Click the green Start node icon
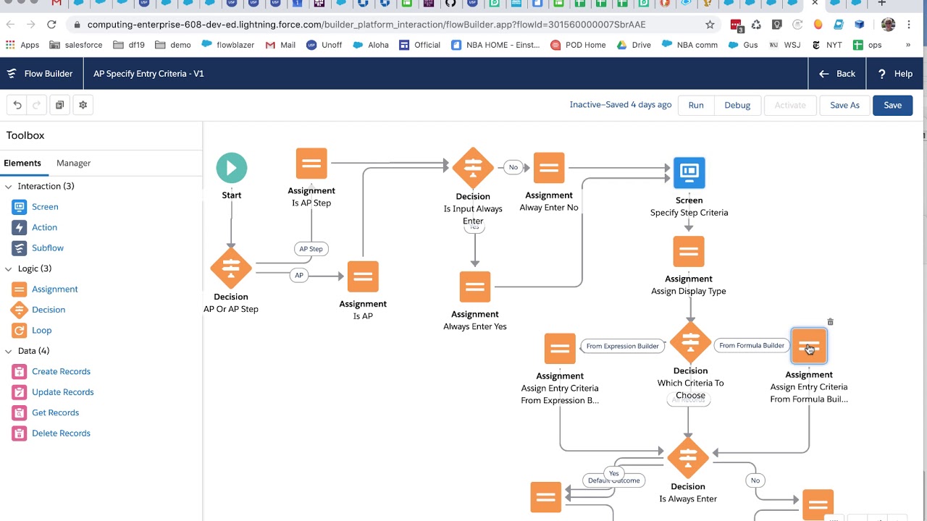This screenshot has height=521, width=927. click(x=232, y=168)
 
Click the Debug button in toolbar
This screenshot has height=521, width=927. click(x=737, y=105)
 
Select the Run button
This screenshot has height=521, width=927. click(x=696, y=105)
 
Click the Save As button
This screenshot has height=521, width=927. click(x=844, y=105)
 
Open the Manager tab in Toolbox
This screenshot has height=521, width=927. click(x=73, y=163)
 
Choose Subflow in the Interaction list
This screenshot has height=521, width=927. click(x=47, y=247)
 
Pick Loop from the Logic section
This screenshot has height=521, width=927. click(x=41, y=330)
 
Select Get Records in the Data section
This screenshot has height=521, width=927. click(x=55, y=412)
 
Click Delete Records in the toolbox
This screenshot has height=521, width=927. click(x=61, y=433)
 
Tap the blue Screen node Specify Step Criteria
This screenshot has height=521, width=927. click(x=689, y=173)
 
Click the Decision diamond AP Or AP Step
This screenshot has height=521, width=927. click(x=231, y=268)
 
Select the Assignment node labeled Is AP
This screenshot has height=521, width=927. click(x=363, y=276)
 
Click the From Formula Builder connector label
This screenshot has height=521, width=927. click(x=751, y=345)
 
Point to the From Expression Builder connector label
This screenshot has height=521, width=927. click(x=622, y=346)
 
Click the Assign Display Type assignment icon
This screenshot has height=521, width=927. click(x=689, y=252)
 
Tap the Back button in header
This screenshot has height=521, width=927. click(x=837, y=74)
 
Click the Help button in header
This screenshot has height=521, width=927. click(x=895, y=74)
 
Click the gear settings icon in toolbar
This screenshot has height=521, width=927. click(x=83, y=105)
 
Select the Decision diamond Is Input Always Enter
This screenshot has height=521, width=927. click(x=473, y=167)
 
